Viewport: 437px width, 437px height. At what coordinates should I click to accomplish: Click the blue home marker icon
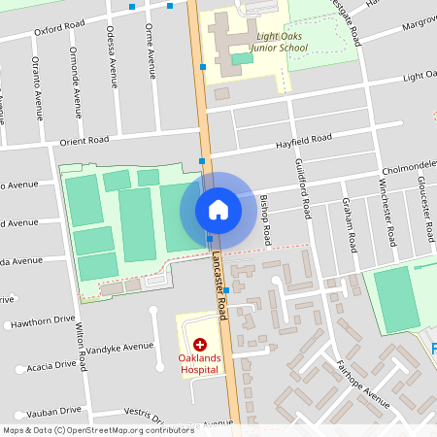tap(218, 210)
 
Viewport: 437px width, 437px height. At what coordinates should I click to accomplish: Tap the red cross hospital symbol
tap(200, 345)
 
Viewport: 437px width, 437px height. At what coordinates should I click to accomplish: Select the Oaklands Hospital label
tap(200, 364)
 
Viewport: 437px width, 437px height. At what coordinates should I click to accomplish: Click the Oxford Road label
tap(59, 29)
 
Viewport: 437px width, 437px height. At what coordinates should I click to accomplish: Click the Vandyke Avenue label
tap(120, 346)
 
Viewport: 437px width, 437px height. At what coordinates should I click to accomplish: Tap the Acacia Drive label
tap(51, 366)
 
